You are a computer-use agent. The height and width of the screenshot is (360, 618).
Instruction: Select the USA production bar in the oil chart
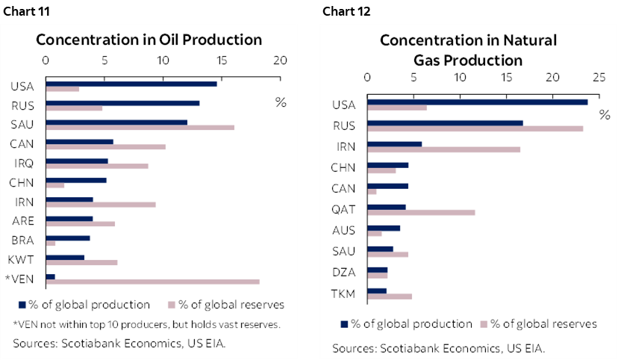point(131,83)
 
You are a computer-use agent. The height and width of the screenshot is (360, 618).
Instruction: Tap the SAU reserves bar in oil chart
point(140,127)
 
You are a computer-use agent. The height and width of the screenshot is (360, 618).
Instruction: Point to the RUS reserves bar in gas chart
point(475,128)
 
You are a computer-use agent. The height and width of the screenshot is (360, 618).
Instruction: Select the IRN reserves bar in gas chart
point(443,149)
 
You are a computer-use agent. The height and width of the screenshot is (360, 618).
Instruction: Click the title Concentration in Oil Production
point(149,40)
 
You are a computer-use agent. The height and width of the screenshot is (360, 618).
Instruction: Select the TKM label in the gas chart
point(343,294)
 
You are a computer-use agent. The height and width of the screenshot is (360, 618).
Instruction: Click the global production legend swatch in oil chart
point(22,305)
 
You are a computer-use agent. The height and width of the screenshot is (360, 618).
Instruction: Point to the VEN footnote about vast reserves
point(146,323)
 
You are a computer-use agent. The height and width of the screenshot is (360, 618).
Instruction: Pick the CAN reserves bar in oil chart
point(106,146)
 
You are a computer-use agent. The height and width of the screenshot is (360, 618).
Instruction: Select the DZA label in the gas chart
point(343,273)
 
